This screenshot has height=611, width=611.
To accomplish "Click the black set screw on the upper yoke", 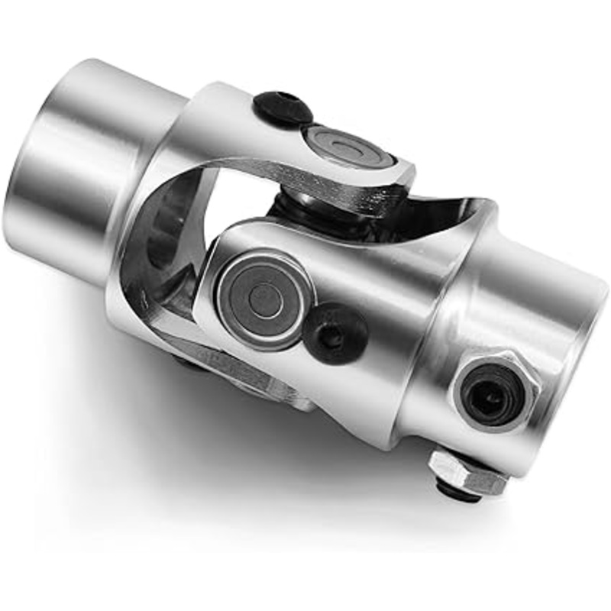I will pos(283,108).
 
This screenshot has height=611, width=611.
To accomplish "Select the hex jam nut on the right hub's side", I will pos(494,391).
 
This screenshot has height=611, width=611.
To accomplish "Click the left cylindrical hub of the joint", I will pos(69,168).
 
